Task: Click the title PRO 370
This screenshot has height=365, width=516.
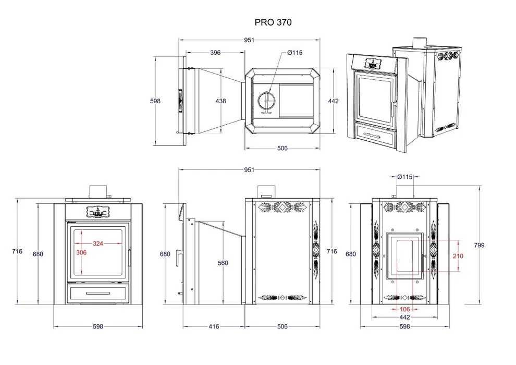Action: (x=273, y=22)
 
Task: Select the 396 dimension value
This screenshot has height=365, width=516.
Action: (x=215, y=52)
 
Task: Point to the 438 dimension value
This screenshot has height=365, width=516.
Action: (x=220, y=101)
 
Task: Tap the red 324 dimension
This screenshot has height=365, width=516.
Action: (x=98, y=243)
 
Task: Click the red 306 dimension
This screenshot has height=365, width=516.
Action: (x=81, y=252)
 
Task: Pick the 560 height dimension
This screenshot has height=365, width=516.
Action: (x=223, y=263)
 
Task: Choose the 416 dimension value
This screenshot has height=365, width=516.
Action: (x=214, y=326)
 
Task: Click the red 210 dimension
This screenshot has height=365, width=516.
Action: (x=458, y=256)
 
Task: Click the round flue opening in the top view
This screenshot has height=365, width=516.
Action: (x=266, y=99)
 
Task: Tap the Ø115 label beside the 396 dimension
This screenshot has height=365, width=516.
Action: (x=295, y=53)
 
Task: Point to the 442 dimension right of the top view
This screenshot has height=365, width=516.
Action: (x=333, y=101)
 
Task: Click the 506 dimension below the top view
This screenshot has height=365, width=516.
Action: (x=282, y=148)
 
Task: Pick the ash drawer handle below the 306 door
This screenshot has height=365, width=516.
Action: (x=97, y=294)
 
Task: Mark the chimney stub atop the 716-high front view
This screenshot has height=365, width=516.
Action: (x=97, y=191)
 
